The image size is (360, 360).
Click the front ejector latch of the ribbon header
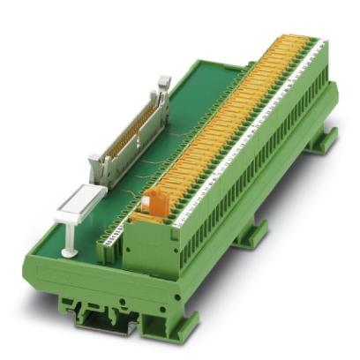[99, 168]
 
